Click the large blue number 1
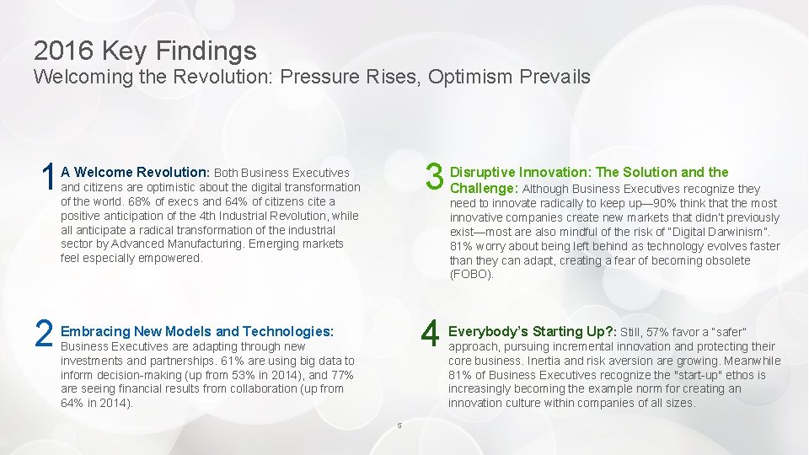click(47, 178)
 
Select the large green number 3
click(434, 178)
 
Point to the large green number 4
click(431, 335)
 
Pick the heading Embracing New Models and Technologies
click(197, 331)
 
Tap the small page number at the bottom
click(399, 425)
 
